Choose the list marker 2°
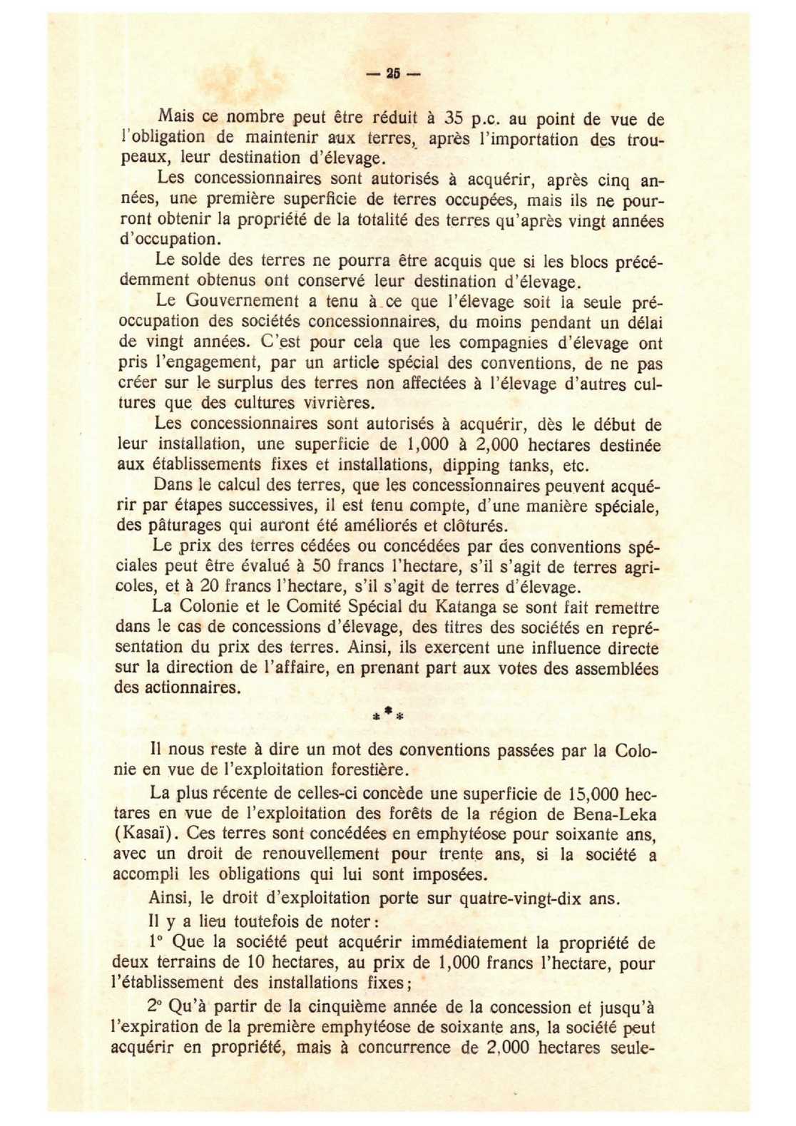point(156,1006)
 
